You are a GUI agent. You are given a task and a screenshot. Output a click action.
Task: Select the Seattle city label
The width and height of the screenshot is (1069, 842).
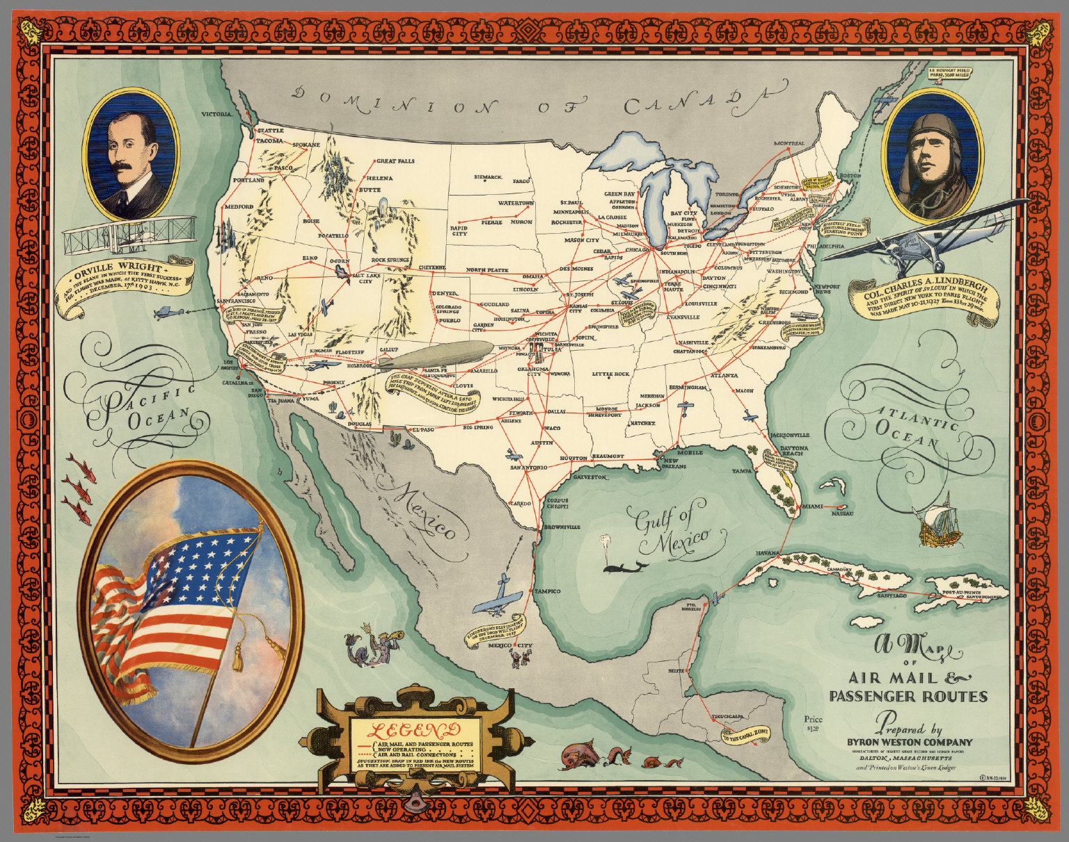[271, 131]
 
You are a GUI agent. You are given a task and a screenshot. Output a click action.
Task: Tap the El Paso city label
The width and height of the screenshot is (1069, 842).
[423, 430]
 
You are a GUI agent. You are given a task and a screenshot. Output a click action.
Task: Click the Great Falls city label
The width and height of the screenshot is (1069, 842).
[395, 161]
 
